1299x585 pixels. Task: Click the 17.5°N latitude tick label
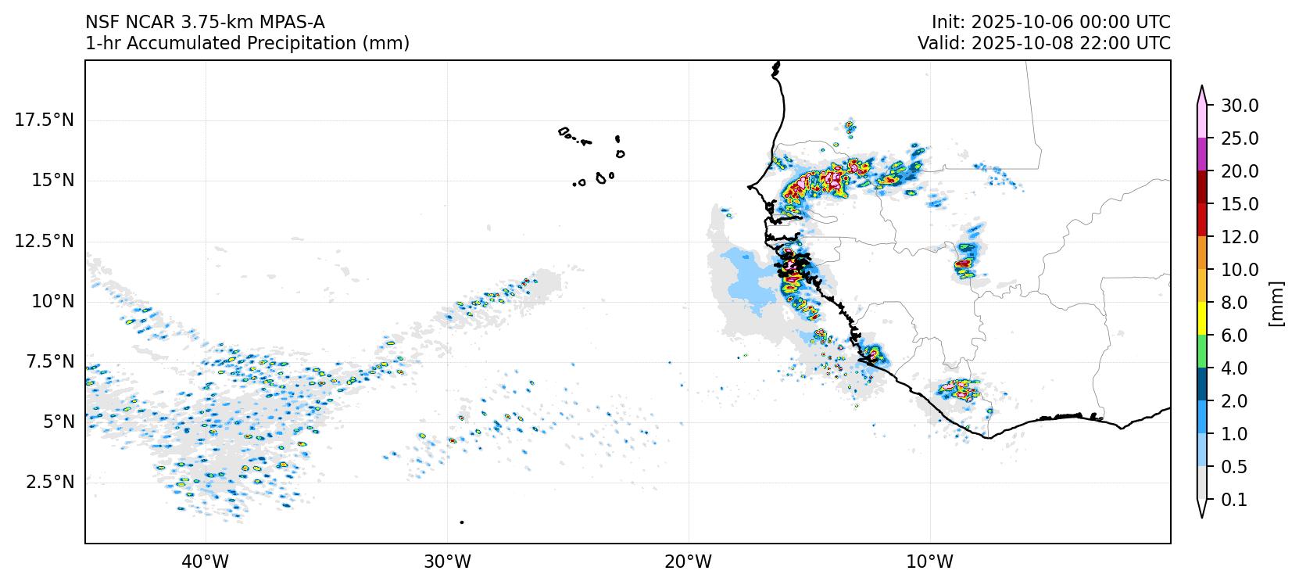[x=44, y=120]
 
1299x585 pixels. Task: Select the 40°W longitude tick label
[x=206, y=562]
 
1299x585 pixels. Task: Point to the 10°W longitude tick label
[x=930, y=562]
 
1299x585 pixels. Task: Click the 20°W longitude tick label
[x=689, y=562]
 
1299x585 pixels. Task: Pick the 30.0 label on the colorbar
[x=1240, y=106]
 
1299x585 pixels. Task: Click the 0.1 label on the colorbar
[x=1234, y=500]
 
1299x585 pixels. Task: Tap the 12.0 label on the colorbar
[x=1240, y=237]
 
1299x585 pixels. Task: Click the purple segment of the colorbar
[x=1202, y=154]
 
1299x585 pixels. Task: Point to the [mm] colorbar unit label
[x=1276, y=303]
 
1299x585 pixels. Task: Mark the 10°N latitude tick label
[x=52, y=301]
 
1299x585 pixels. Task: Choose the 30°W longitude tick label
[x=447, y=562]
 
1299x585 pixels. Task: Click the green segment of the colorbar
[x=1202, y=351]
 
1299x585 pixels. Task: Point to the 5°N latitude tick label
[x=57, y=422]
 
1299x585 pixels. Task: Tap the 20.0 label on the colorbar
[x=1240, y=171]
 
